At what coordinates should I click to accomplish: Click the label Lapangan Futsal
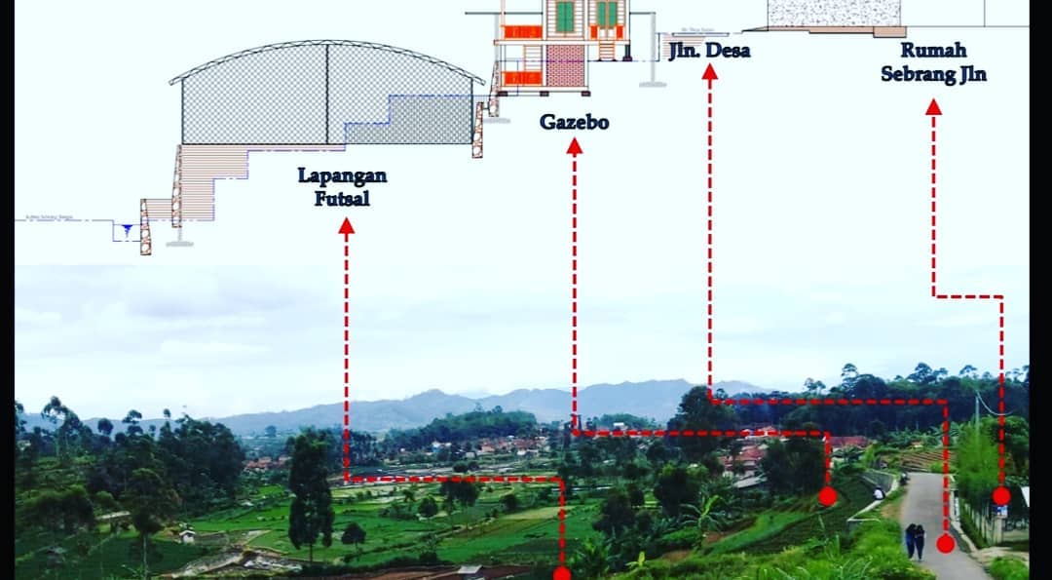344,187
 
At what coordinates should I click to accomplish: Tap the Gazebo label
574,124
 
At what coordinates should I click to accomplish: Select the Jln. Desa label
709,51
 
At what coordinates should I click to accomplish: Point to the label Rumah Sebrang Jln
933,61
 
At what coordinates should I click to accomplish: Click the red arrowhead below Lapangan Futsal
346,226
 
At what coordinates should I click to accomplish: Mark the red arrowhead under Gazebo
575,146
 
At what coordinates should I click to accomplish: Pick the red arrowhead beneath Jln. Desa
710,71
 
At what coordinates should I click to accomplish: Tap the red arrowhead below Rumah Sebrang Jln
933,106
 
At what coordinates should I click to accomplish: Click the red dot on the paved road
945,544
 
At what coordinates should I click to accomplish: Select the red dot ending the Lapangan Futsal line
562,573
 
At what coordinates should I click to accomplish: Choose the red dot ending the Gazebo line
827,496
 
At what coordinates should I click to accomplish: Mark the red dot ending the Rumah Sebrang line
1001,496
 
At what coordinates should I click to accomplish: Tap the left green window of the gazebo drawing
565,16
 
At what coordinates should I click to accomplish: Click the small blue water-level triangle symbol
125,231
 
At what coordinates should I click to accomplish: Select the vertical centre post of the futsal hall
327,96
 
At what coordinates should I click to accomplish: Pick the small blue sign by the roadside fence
1001,510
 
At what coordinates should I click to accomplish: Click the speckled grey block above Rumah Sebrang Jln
834,13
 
